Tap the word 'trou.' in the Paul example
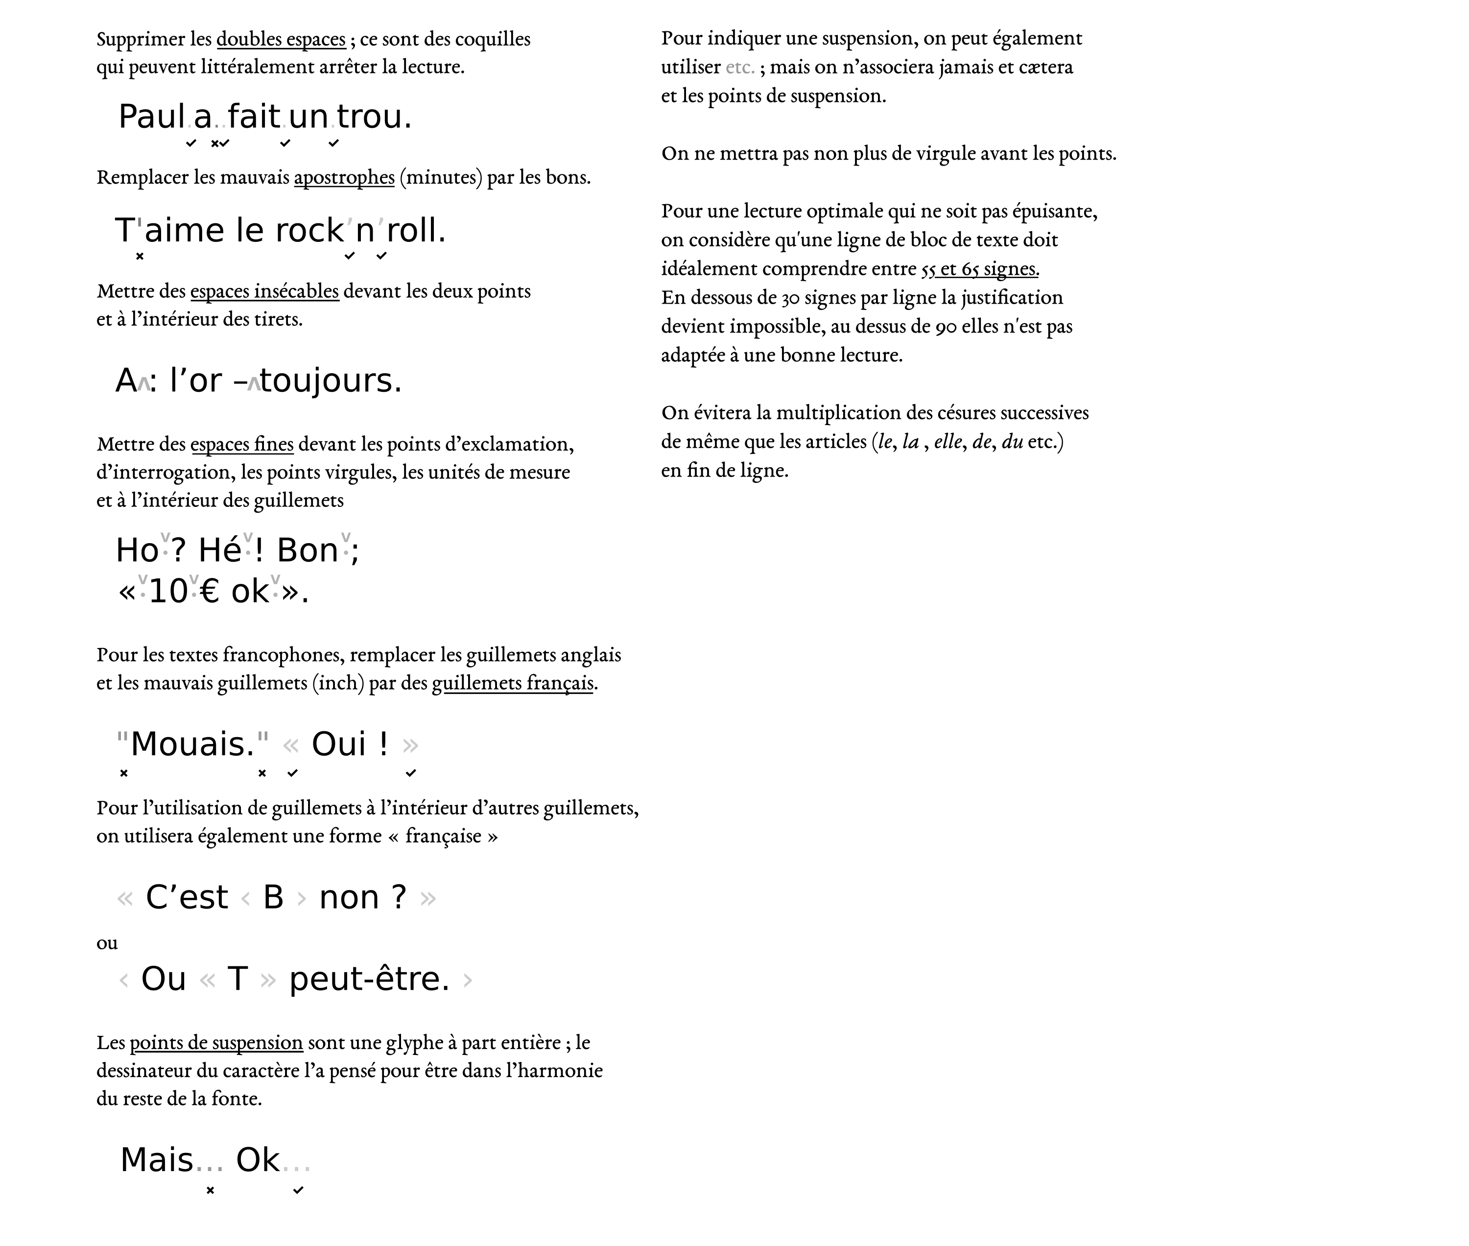click(x=374, y=117)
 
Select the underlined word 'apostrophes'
click(x=344, y=177)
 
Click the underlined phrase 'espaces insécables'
click(x=264, y=291)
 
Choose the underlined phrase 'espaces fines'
click(x=241, y=444)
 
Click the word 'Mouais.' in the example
click(x=192, y=744)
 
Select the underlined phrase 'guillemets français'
click(x=512, y=683)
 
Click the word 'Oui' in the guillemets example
click(x=339, y=744)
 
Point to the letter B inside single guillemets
click(x=273, y=898)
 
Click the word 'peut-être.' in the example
click(x=369, y=979)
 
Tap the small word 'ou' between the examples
click(x=107, y=943)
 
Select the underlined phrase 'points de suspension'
click(x=216, y=1043)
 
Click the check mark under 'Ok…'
click(x=298, y=1190)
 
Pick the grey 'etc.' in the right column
click(x=739, y=67)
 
